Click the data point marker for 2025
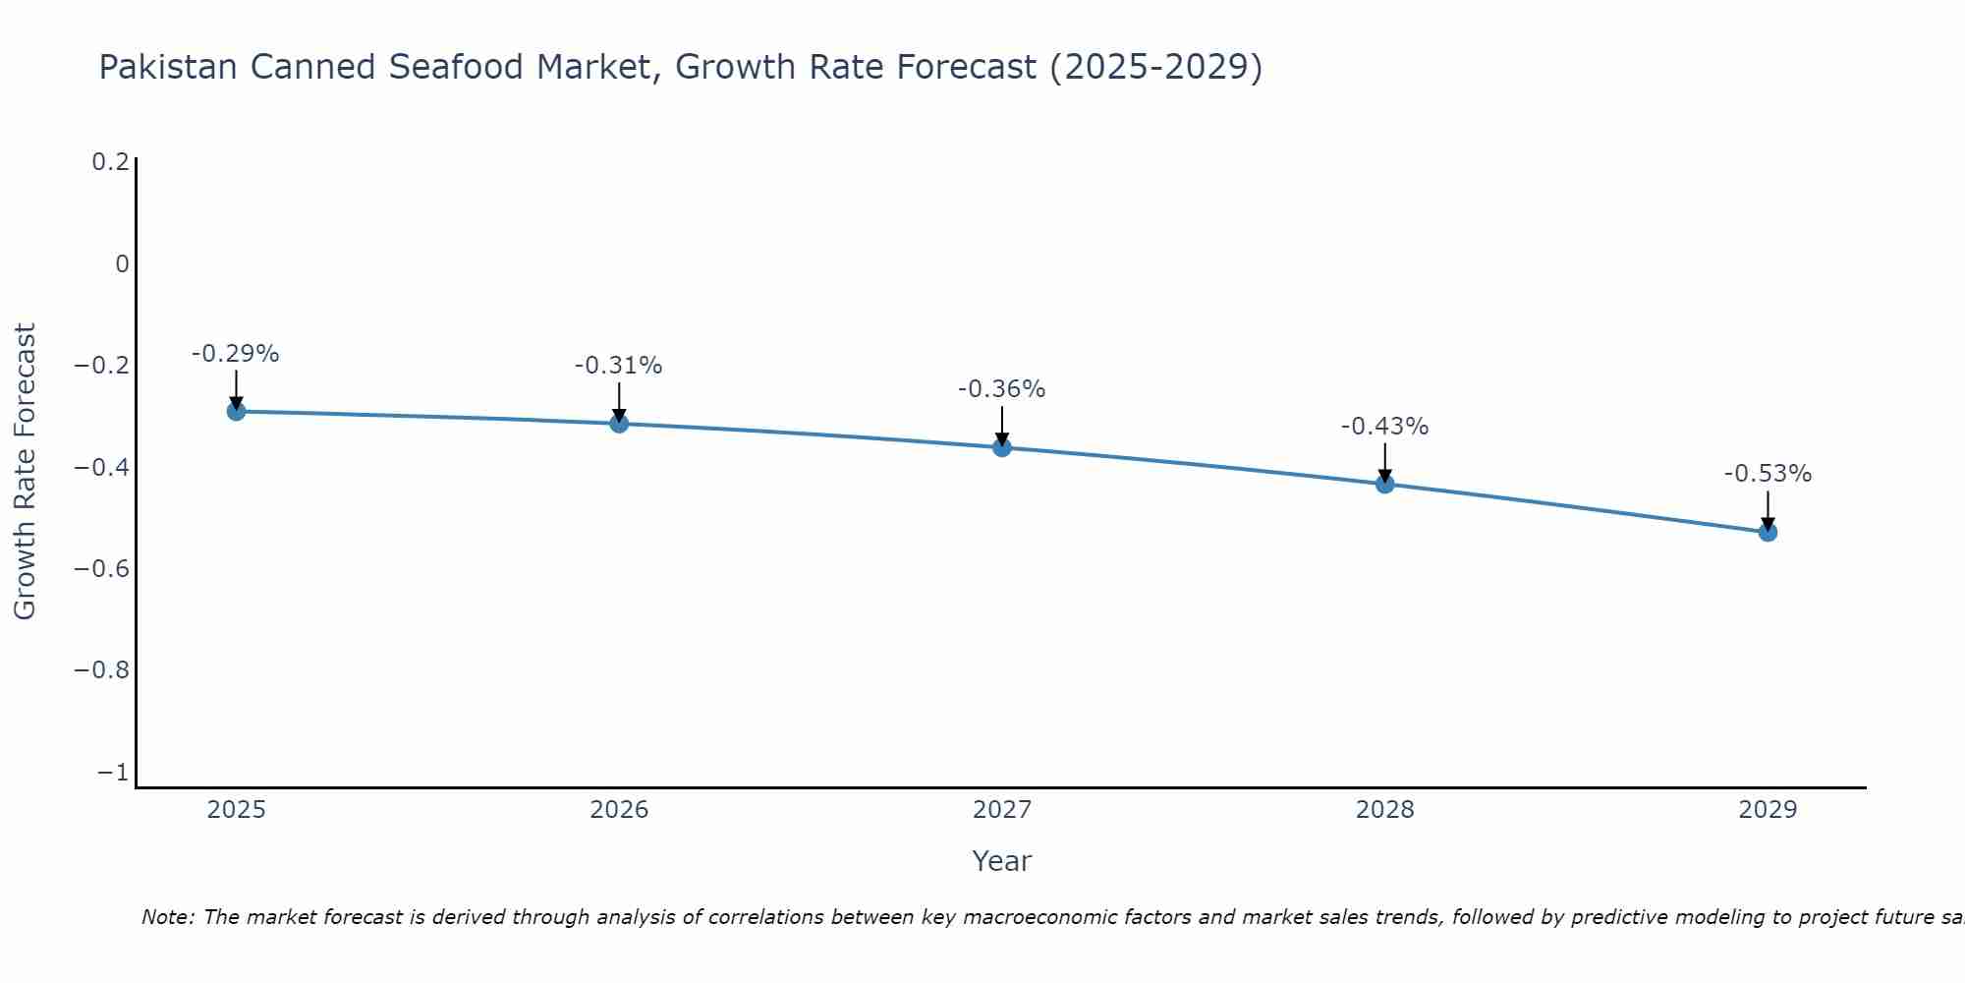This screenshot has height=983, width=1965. click(236, 411)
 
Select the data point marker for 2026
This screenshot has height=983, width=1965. click(619, 423)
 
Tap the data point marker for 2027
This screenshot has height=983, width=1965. click(1002, 447)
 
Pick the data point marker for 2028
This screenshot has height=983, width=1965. click(1385, 484)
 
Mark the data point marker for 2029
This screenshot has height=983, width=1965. click(1768, 532)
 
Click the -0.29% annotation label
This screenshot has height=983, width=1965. click(236, 354)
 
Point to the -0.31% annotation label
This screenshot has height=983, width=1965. click(619, 366)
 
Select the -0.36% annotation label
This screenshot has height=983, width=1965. click(1002, 389)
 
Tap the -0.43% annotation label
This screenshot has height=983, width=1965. click(1385, 427)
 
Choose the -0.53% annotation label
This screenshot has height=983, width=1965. click(1768, 474)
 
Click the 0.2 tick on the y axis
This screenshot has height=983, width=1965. click(110, 162)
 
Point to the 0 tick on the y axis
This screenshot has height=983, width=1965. click(122, 263)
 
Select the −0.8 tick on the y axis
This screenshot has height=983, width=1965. click(101, 670)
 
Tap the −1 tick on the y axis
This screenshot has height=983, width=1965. click(113, 773)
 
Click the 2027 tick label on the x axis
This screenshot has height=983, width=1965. click(1002, 810)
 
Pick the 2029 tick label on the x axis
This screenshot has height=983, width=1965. click(1768, 810)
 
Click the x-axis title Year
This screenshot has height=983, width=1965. click(1002, 861)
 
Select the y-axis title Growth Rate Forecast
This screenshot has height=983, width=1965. click(25, 472)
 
